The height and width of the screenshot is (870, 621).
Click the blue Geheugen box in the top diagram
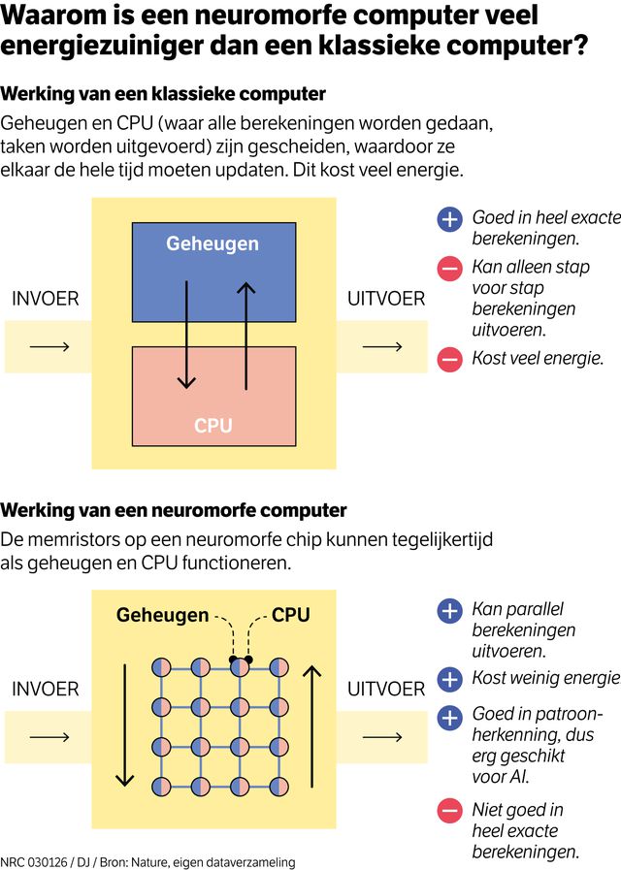tap(213, 272)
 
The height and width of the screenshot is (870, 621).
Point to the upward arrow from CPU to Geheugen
tap(246, 335)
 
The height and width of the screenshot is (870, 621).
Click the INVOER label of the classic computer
tap(45, 299)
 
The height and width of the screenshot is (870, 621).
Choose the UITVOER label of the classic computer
tap(386, 299)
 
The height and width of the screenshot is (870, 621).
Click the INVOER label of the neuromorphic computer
tap(45, 689)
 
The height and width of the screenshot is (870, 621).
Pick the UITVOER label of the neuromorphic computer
tap(386, 689)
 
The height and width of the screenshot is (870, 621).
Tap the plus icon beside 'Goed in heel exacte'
tap(449, 219)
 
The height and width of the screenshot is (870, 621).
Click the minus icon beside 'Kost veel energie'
tap(449, 359)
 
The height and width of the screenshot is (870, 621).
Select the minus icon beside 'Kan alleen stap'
tap(449, 269)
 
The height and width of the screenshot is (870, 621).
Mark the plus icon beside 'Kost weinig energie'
tap(449, 678)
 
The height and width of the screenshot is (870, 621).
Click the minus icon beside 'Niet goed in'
tap(449, 811)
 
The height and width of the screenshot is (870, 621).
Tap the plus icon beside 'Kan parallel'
tap(449, 611)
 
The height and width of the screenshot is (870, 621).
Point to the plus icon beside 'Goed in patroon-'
tap(449, 717)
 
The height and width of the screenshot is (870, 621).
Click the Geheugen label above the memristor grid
tap(162, 615)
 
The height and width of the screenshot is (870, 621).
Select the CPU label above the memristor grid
tap(290, 615)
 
